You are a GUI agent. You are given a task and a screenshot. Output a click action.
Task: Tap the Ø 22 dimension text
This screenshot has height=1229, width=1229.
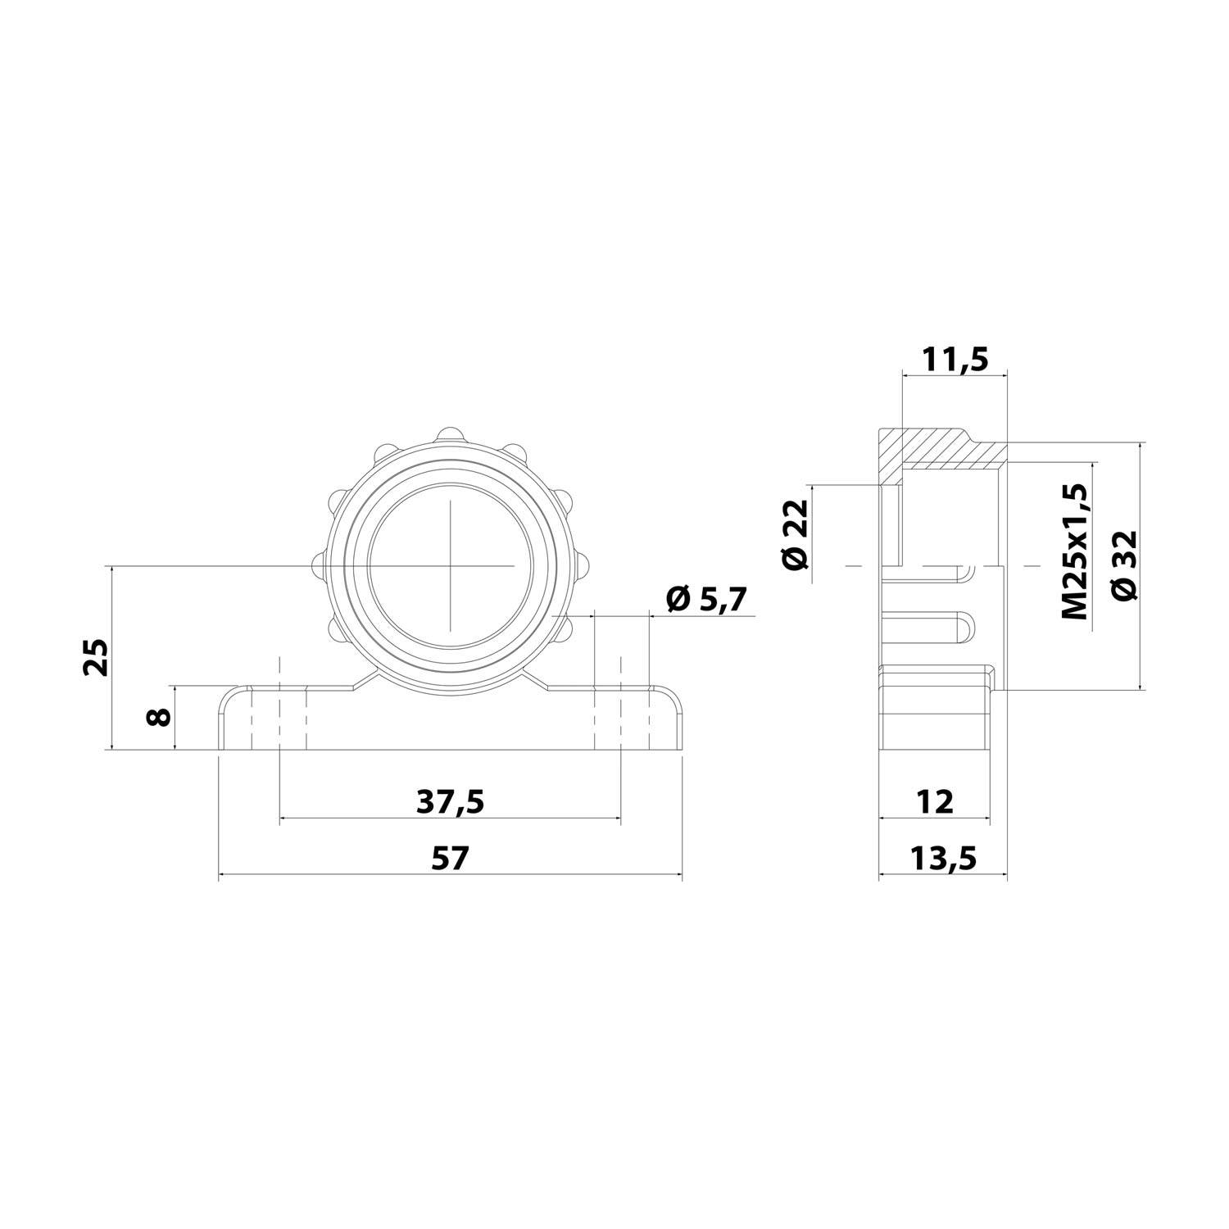coord(795,533)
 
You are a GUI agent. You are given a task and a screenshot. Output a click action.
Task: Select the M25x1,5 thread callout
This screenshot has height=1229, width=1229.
coord(1074,551)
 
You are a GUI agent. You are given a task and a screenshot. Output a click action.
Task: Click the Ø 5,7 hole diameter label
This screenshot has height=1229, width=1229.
coord(706,600)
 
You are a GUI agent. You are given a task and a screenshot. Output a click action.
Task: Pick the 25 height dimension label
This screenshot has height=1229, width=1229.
coord(97,655)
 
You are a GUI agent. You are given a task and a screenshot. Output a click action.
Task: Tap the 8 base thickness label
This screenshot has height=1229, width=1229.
coord(159,717)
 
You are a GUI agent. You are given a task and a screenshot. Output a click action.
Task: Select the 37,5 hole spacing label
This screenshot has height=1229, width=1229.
coord(450,801)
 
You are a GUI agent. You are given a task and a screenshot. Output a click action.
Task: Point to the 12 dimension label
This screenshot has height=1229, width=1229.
coord(934,801)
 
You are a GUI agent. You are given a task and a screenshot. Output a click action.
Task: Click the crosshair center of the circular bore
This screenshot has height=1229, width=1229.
coord(450,565)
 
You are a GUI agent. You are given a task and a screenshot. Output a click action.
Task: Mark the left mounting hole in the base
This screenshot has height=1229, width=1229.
coord(279,719)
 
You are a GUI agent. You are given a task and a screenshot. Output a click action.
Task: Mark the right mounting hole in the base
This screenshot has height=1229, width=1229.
coord(620,719)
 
